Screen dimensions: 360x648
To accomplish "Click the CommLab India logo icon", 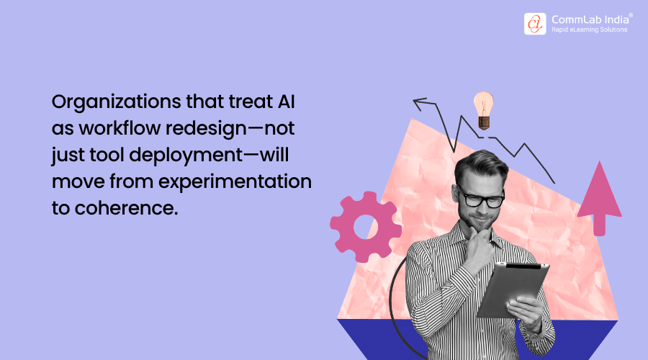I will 535,24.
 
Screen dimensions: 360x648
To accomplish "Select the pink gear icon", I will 366,226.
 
